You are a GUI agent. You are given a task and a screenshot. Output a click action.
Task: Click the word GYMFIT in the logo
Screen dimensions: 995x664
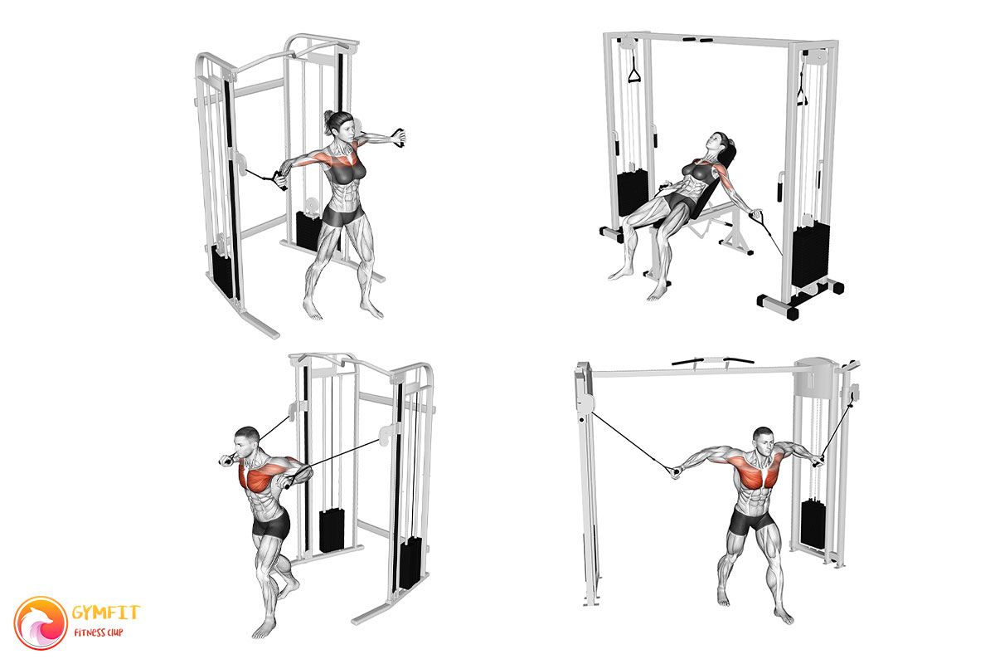click(x=106, y=613)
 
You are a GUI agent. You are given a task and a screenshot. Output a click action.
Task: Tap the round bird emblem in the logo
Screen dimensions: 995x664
click(x=41, y=623)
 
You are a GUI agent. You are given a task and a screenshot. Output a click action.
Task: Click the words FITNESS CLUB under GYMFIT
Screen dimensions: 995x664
click(x=98, y=632)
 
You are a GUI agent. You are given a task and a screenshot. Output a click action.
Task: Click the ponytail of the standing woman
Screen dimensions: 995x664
click(x=328, y=122)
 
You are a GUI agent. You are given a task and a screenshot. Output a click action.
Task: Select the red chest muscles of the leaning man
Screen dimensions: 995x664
click(x=266, y=475)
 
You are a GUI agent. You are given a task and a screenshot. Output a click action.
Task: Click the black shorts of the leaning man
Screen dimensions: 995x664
click(x=271, y=525)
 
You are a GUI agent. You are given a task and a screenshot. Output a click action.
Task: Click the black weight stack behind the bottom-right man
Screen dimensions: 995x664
click(x=813, y=524)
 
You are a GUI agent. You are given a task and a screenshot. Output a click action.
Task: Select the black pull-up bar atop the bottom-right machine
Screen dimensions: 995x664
click(x=712, y=360)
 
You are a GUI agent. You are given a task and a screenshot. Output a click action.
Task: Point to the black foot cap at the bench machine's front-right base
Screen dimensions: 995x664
click(x=792, y=313)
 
